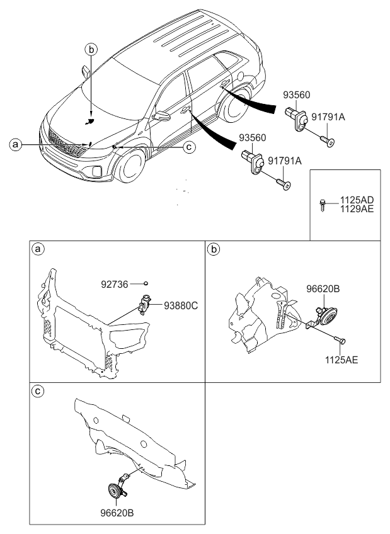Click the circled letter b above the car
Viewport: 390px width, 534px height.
[x=91, y=50]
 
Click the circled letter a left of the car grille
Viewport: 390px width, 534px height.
[x=15, y=145]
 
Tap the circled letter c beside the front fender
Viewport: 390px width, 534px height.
[x=189, y=147]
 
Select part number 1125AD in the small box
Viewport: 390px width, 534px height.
[x=356, y=200]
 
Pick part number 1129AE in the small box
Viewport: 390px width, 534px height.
[x=356, y=209]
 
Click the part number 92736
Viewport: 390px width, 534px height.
[x=115, y=284]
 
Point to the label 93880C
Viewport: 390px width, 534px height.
[x=181, y=305]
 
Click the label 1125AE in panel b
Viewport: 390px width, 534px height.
[x=341, y=360]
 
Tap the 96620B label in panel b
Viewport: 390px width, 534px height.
[x=323, y=289]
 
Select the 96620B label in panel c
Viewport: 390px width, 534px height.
[x=117, y=513]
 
